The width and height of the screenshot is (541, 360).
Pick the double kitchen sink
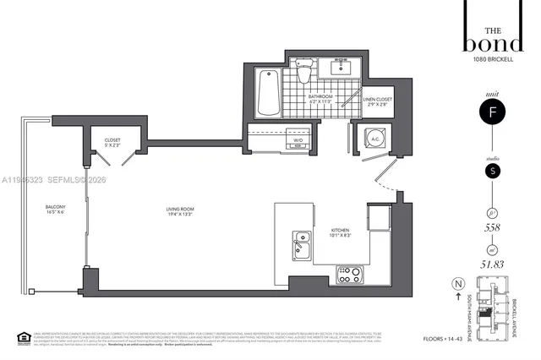pyautogui.click(x=302, y=247)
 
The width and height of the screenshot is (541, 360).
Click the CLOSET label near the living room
pyautogui.click(x=112, y=143)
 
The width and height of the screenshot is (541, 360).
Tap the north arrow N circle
pyautogui.click(x=459, y=284)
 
